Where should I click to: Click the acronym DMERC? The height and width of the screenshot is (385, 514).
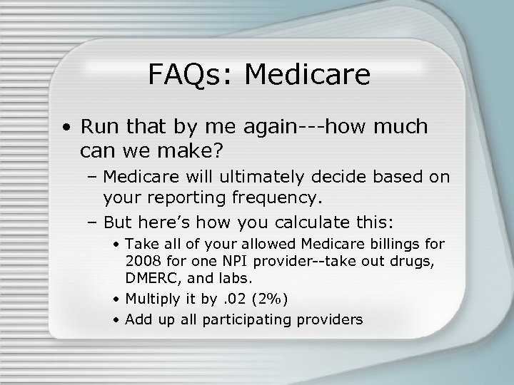[x=150, y=277]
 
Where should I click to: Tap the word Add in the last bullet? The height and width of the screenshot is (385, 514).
[x=137, y=319]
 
